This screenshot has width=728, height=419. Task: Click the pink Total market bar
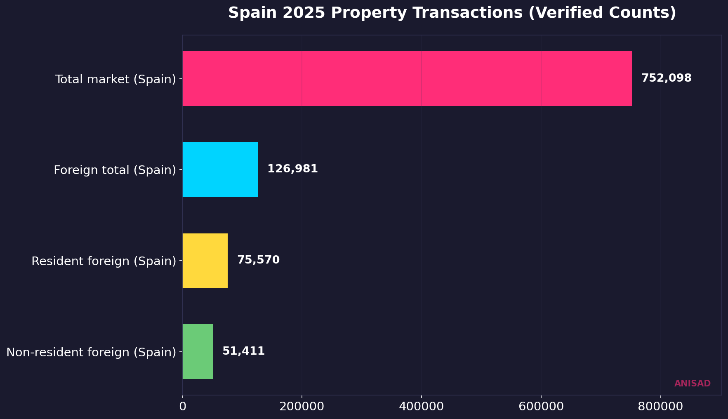(407, 78)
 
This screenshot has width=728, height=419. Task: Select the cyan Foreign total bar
(220, 169)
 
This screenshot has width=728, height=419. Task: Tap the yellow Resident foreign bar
(205, 261)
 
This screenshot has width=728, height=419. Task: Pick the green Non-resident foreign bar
(198, 351)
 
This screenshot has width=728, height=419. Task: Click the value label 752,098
(666, 78)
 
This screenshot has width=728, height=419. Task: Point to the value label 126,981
(292, 169)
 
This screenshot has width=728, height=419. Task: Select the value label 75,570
(258, 260)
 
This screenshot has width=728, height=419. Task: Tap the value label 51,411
(243, 351)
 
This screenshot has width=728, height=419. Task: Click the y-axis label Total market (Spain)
(115, 79)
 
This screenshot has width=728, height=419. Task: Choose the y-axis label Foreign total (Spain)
(115, 170)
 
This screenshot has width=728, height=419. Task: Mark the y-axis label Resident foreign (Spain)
(104, 261)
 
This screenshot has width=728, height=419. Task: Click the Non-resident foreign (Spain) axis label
(91, 352)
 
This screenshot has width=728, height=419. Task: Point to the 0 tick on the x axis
(182, 406)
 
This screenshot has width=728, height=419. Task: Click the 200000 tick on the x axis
(302, 406)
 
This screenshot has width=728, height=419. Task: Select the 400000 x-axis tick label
(422, 406)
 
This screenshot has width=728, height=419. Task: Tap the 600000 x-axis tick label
(541, 406)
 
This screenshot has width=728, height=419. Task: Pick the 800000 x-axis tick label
(660, 406)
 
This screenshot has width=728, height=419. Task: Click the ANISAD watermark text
(692, 384)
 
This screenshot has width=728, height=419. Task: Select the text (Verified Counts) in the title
(602, 13)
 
